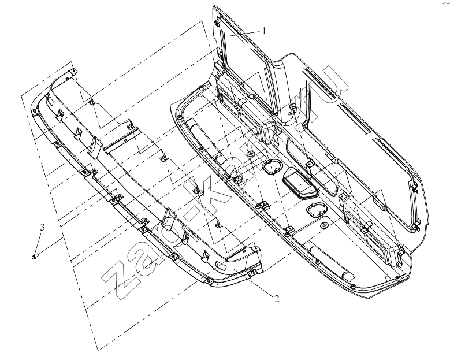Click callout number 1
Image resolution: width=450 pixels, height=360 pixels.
(x=264, y=31)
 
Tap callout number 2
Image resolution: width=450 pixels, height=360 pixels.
(x=277, y=299)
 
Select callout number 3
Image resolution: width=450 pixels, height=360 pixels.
(x=42, y=227)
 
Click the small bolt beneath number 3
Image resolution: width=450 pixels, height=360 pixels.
(x=35, y=256)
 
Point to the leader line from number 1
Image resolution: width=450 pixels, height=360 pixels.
(x=245, y=33)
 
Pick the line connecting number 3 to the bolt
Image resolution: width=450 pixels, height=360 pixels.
(x=39, y=243)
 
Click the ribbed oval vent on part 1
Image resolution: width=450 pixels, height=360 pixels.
(x=300, y=183)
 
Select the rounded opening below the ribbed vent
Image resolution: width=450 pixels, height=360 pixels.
(x=316, y=210)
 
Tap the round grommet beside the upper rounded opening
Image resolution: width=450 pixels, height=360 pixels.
(x=251, y=153)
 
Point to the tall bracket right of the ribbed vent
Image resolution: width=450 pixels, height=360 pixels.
(x=310, y=169)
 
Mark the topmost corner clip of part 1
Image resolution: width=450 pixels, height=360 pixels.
(x=219, y=21)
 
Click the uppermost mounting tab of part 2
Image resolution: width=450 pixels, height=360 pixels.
(x=74, y=70)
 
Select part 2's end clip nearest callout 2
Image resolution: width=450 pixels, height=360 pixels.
(x=252, y=273)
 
